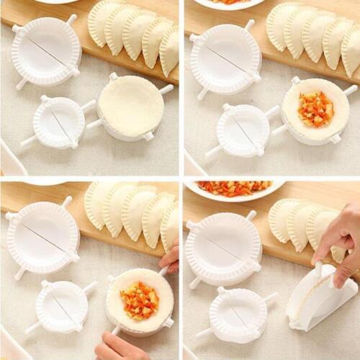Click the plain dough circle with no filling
[131, 107]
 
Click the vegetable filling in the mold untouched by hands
[315, 109]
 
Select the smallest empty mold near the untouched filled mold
[243, 130]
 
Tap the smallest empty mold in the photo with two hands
[62, 307]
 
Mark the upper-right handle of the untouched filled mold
[350, 91]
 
